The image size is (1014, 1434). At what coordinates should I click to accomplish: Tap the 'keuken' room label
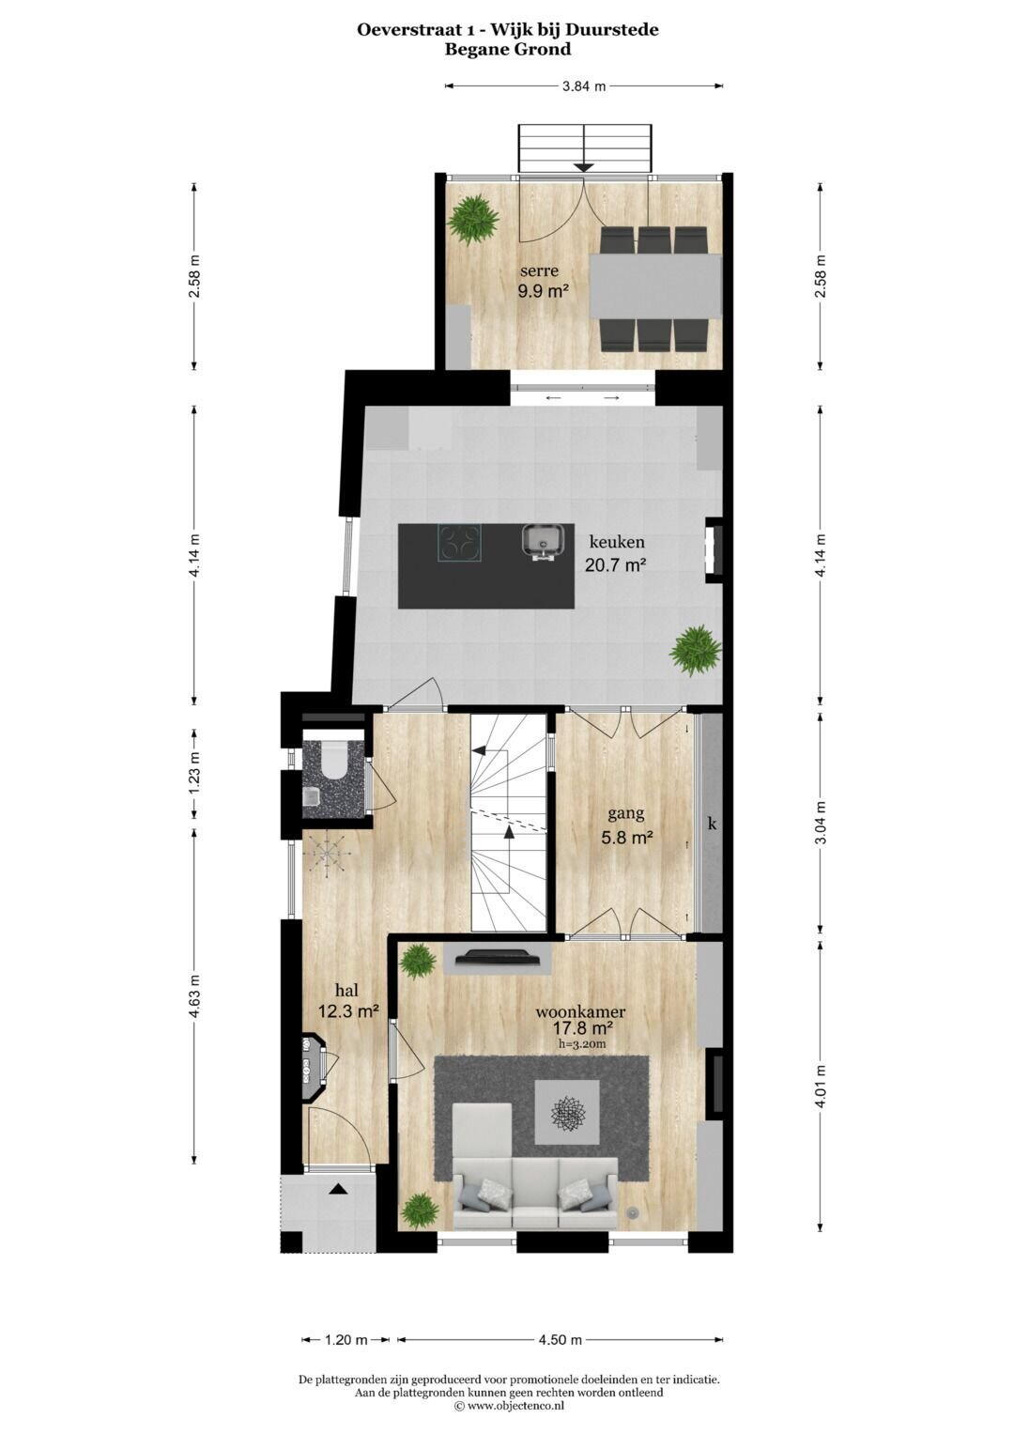pos(617,542)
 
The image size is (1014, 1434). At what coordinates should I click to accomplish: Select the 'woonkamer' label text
pos(580,1012)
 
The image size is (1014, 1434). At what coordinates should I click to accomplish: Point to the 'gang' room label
pos(626,814)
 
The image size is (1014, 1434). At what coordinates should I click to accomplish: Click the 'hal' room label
pos(347,990)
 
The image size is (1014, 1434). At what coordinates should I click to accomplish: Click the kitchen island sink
pos(542,541)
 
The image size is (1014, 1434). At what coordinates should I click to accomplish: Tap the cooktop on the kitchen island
pos(459,542)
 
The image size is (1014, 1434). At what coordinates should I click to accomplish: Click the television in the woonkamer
pos(498,958)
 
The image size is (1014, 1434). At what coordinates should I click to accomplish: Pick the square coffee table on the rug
pos(567,1112)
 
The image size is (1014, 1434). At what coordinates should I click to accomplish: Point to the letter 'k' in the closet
pos(712,825)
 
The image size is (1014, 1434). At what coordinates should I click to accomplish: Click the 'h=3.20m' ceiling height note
pos(581,1043)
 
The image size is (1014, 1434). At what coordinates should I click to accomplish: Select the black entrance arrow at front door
pos(338,1189)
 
